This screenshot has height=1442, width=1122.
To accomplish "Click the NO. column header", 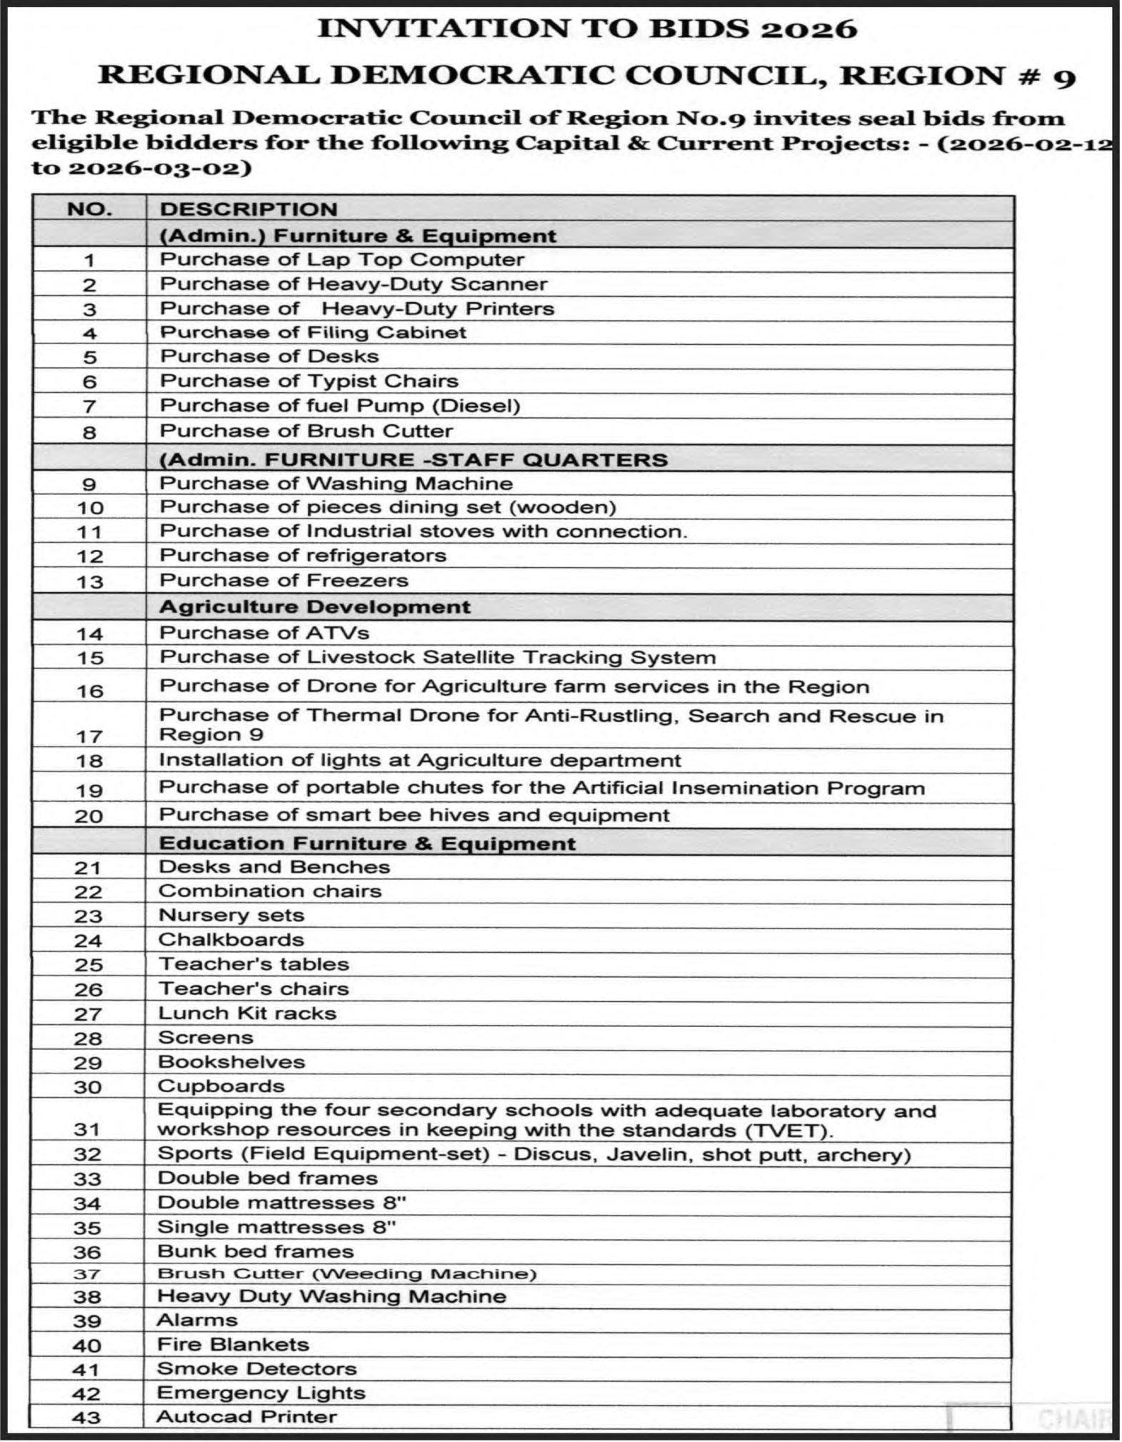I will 89,209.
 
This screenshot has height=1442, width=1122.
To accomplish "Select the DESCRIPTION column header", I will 248,209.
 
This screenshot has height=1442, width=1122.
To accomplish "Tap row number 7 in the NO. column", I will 89,406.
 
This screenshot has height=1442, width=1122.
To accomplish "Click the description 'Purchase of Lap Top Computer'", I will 341,259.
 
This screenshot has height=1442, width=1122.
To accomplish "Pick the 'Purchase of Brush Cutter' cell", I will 306,431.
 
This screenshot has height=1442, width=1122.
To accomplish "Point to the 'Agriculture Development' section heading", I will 314,607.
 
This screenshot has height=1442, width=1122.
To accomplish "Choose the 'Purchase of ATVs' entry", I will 264,633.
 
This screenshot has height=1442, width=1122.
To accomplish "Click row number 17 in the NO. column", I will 89,736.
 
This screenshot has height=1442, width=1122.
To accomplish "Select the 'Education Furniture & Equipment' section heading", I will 366,843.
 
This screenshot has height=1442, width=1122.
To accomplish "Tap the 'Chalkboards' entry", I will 231,940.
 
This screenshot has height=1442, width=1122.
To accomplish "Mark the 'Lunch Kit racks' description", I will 246,1013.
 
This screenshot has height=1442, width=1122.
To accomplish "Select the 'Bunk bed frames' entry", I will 255,1251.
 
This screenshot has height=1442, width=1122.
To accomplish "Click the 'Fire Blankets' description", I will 232,1345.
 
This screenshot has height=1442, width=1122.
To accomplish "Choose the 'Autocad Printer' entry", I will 246,1417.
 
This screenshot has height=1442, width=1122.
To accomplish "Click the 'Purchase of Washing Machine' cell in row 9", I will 336,484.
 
